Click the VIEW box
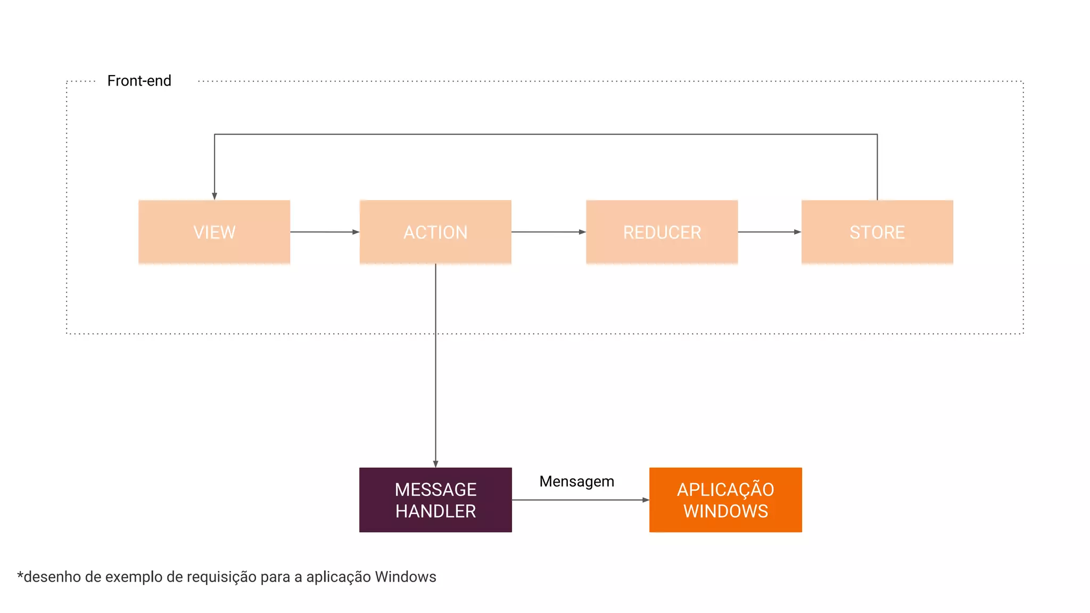click(x=214, y=232)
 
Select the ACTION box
click(x=435, y=232)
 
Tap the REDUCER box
click(x=662, y=232)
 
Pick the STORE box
click(x=877, y=232)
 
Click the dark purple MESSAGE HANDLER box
click(x=435, y=500)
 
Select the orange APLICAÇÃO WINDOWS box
click(x=725, y=500)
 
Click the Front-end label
click(x=139, y=81)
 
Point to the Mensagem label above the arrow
click(x=576, y=482)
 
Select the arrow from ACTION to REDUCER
click(x=548, y=232)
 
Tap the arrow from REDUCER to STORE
click(x=769, y=232)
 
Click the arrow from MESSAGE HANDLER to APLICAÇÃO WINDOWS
click(x=580, y=500)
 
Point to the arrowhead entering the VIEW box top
click(x=214, y=196)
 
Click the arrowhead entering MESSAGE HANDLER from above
click(x=435, y=464)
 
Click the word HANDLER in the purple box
click(x=435, y=511)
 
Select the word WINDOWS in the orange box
click(x=725, y=511)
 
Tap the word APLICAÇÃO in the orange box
click(x=725, y=490)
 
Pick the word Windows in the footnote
click(x=406, y=577)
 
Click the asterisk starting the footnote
click(x=20, y=575)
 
